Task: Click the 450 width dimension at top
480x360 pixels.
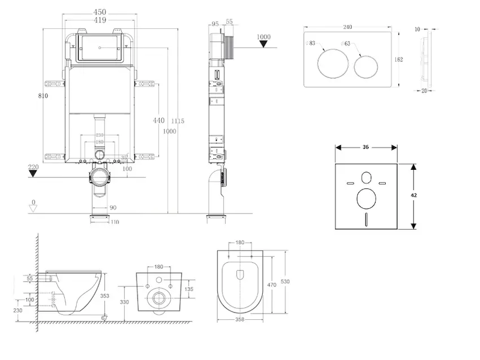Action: (x=100, y=10)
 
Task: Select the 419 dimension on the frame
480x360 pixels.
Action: (x=100, y=20)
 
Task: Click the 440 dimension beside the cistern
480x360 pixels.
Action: (x=158, y=121)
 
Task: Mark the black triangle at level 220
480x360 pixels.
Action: (x=34, y=174)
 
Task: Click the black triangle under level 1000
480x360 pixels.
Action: (x=263, y=46)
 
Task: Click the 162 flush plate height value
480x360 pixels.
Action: (x=399, y=59)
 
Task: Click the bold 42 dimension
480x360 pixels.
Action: (x=413, y=195)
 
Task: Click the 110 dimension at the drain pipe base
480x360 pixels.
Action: (x=114, y=222)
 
